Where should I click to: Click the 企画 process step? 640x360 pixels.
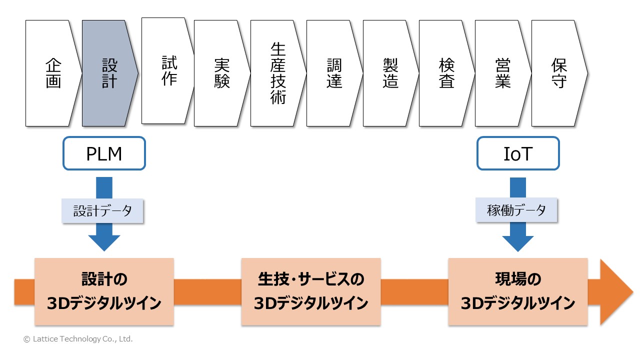click(x=53, y=73)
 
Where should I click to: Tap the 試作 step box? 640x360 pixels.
click(x=168, y=70)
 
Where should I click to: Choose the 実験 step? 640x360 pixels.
click(x=221, y=73)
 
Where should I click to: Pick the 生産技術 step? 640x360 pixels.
click(x=278, y=73)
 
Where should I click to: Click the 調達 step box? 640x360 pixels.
click(x=334, y=73)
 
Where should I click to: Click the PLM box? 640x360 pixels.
click(x=104, y=153)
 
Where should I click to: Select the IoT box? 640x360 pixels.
click(x=518, y=153)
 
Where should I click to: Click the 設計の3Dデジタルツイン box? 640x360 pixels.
click(x=104, y=291)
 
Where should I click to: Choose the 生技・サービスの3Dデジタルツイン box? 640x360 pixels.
click(x=311, y=291)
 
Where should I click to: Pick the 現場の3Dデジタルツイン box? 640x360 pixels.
click(x=517, y=291)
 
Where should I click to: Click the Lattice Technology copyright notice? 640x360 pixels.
click(x=78, y=339)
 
